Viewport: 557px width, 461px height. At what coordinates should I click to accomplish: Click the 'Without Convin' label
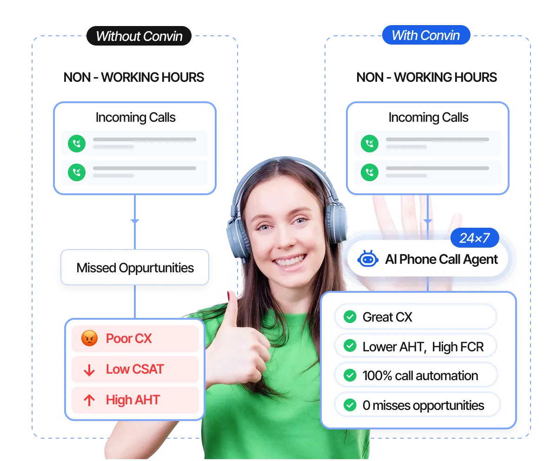(139, 37)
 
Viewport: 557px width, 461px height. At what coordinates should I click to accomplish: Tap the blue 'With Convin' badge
(425, 35)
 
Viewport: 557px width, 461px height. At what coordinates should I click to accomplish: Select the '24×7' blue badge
(474, 238)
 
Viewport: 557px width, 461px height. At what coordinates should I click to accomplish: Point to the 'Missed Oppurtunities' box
(135, 268)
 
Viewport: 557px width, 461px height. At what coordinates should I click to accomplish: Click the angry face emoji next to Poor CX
(89, 339)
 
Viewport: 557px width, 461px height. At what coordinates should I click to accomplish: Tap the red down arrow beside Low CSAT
(89, 370)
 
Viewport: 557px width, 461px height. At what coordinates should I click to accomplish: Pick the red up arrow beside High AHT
(89, 400)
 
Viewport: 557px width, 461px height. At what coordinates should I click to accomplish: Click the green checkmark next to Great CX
(350, 317)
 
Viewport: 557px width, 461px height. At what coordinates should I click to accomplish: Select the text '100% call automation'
(420, 375)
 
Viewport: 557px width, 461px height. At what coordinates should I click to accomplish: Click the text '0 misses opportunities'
(423, 405)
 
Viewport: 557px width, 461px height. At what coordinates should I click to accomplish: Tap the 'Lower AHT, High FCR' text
(423, 347)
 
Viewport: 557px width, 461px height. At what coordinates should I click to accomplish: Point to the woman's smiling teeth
(289, 262)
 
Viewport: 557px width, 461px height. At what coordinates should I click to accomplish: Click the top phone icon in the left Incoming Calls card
(77, 144)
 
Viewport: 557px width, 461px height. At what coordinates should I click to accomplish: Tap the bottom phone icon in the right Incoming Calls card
(370, 173)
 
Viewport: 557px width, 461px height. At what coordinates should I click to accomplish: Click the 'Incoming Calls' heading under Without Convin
(135, 118)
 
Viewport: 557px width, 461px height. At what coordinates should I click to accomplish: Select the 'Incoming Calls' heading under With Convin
(428, 118)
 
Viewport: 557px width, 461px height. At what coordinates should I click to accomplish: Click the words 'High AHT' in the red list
(133, 400)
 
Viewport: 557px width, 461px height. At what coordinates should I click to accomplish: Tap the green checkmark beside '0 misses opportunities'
(350, 405)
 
